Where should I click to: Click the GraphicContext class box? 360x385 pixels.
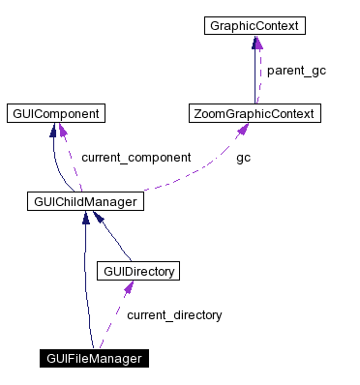tap(255, 26)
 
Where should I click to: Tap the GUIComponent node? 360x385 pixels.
tap(54, 114)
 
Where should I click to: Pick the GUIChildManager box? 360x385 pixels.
tap(86, 201)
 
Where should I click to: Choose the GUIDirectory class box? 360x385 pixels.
tap(139, 271)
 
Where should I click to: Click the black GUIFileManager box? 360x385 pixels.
tap(94, 358)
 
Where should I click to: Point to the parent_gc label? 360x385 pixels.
tap(296, 71)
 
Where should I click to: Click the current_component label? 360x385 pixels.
tap(135, 157)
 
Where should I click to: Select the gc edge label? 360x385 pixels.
tap(243, 157)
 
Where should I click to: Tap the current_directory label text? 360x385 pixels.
tap(174, 314)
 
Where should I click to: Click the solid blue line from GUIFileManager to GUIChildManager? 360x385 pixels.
tap(87, 290)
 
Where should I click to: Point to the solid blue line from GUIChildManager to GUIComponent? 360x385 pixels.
tap(58, 164)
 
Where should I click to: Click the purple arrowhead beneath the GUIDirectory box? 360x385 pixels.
tap(127, 288)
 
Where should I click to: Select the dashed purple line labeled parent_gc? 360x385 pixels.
tap(259, 73)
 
